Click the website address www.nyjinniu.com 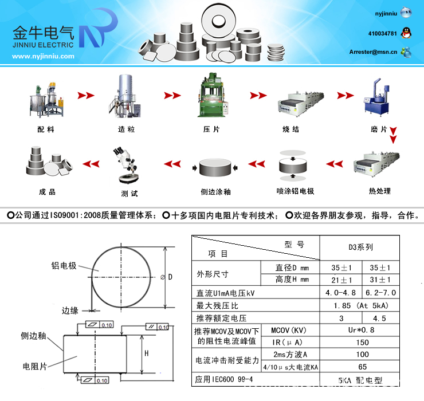point(43,56)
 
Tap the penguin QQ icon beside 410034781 point(406,33)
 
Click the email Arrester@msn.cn point(373,52)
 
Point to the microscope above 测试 point(126,165)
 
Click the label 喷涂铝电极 point(295,191)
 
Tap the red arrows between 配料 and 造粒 point(86,96)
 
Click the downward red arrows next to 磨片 point(393,135)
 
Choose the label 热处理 point(380,191)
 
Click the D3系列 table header point(361,247)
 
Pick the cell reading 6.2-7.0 point(380,293)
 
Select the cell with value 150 point(362,343)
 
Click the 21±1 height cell point(341,280)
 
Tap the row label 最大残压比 point(217,306)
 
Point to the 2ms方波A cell point(290,355)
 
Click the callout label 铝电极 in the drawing point(64,266)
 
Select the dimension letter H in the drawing point(146,353)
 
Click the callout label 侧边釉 point(34,336)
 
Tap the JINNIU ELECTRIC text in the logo point(43,45)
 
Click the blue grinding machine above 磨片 point(376,97)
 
